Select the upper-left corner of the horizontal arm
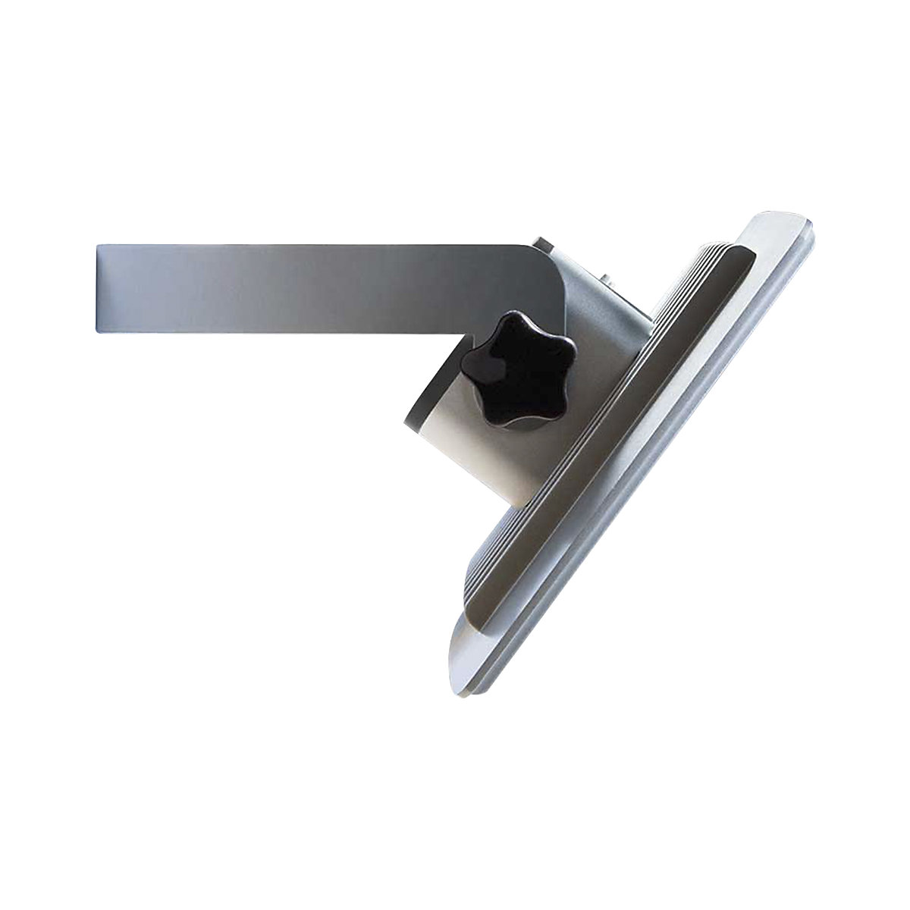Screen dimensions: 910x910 [x=99, y=246]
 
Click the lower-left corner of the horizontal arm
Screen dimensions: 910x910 [x=99, y=330]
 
